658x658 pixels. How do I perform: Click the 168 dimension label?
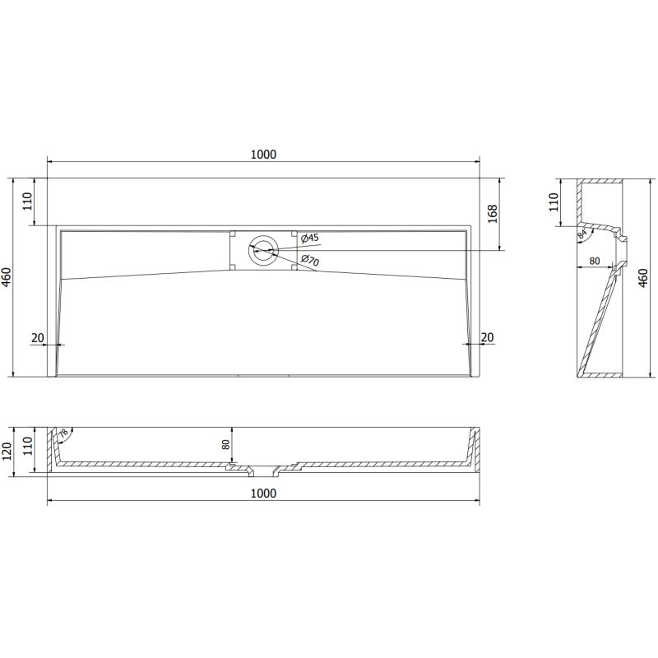(493, 212)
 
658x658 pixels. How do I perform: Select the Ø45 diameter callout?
(310, 239)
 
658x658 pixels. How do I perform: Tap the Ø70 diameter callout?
(310, 261)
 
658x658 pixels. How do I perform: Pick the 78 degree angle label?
(64, 433)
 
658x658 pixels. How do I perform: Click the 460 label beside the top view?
(7, 277)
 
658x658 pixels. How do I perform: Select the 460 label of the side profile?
(644, 277)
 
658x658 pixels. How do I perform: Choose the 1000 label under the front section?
(263, 493)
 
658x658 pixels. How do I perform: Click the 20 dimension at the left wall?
(37, 336)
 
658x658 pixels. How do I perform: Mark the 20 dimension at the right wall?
(487, 336)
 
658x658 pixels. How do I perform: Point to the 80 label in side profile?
(595, 262)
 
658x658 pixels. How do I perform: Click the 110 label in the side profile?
(555, 201)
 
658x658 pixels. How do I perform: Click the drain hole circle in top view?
(263, 250)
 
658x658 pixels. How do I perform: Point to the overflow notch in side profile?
(623, 241)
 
